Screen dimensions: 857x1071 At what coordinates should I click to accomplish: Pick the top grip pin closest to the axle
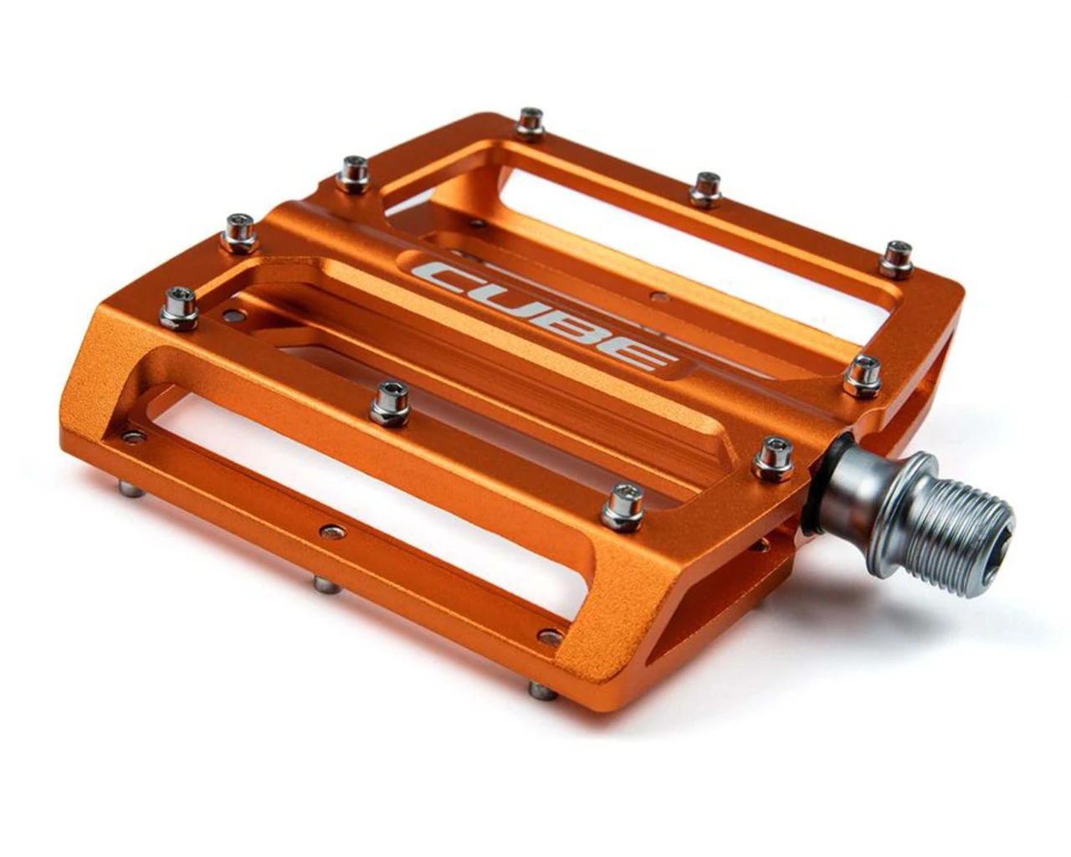tap(773, 459)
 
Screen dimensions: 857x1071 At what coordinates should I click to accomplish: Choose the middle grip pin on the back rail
tap(705, 189)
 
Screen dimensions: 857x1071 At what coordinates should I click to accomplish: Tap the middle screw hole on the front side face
tap(332, 531)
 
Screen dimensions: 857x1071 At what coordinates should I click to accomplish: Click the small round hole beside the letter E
tap(661, 296)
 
